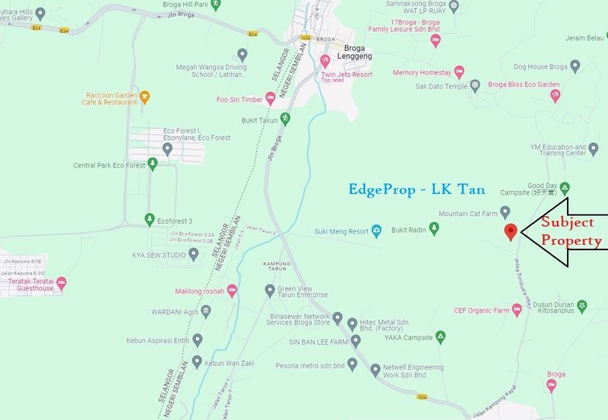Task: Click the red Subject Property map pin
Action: (511, 231)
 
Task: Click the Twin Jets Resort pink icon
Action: (324, 59)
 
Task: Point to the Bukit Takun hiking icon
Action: (286, 118)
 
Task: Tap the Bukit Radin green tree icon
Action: (434, 227)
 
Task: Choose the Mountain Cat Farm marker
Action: (505, 212)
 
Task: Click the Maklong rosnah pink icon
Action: (232, 289)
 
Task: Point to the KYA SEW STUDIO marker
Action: (194, 253)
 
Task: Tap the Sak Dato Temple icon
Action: (476, 84)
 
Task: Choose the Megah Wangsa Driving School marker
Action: (242, 54)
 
